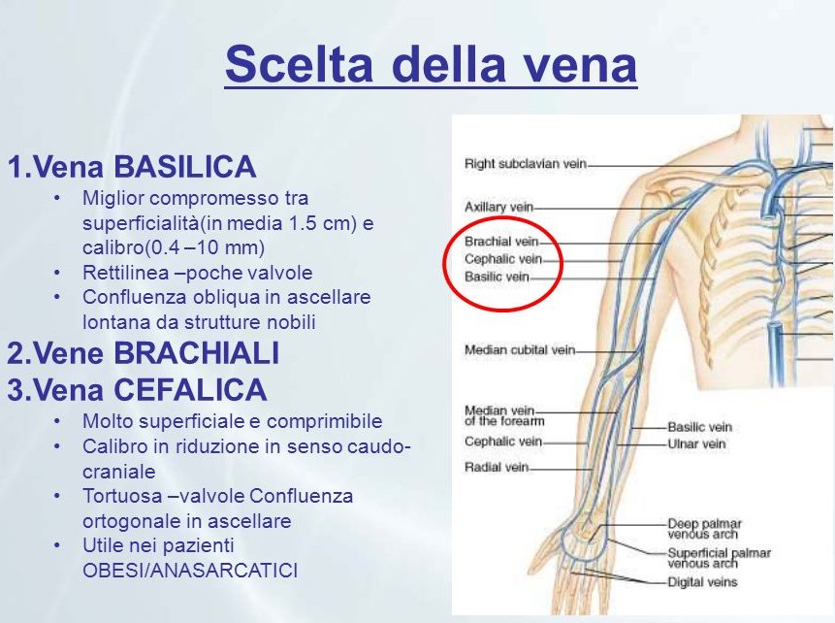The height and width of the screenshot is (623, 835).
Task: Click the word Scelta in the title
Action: (x=299, y=63)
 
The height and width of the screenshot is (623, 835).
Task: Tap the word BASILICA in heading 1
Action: (x=185, y=166)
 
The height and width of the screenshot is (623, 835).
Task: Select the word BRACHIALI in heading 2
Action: (x=197, y=353)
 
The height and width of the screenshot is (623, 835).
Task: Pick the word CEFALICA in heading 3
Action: (x=190, y=389)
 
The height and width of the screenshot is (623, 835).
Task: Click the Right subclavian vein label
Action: (x=526, y=164)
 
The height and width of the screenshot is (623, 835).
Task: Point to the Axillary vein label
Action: (x=499, y=207)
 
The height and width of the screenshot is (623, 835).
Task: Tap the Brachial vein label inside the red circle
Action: (x=501, y=242)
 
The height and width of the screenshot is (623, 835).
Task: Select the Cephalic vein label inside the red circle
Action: (x=503, y=259)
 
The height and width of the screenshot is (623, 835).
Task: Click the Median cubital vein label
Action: (x=520, y=350)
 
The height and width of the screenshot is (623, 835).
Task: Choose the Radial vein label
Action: (x=497, y=468)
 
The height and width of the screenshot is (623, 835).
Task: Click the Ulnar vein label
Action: (x=696, y=443)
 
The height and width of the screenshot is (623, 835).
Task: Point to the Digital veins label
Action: (x=702, y=582)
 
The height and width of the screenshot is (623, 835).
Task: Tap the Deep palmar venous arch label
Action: (x=704, y=529)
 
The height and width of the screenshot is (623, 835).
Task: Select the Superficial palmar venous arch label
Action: (x=719, y=558)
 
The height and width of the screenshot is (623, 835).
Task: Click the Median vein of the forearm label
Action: (x=504, y=415)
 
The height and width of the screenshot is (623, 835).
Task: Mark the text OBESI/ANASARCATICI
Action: (x=190, y=571)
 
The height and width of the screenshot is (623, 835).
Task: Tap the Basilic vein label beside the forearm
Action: (x=700, y=427)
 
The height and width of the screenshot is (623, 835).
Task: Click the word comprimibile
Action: (x=324, y=421)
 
